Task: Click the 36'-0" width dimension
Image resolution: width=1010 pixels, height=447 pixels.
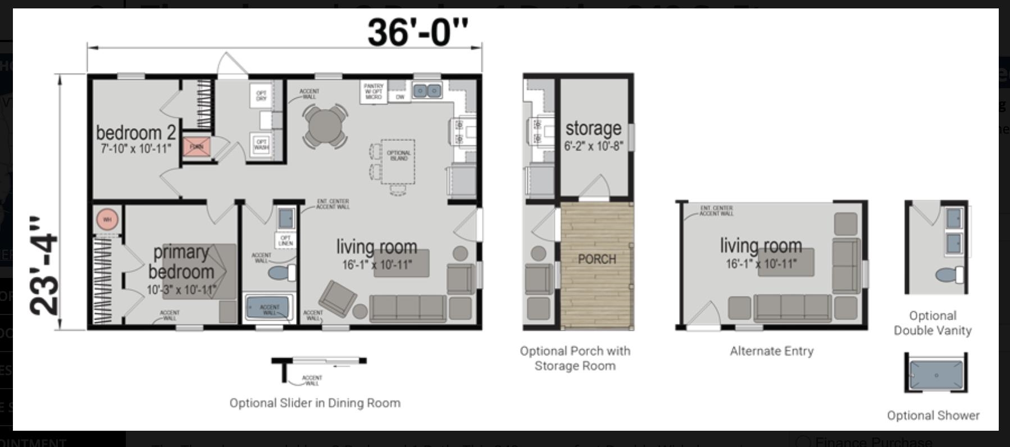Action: pos(417,32)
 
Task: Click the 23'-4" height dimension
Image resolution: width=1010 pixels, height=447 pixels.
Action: pos(44,265)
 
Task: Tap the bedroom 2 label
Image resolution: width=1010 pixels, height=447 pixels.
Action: pos(135,133)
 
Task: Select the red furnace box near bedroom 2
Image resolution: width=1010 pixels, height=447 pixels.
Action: pos(197,146)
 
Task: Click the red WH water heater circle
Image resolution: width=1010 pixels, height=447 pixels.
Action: pos(107,219)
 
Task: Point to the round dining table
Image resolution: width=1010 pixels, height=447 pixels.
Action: pos(325,126)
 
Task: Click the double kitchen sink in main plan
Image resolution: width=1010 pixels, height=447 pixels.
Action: pos(427,90)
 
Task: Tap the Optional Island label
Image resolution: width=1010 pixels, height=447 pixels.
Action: pos(398,156)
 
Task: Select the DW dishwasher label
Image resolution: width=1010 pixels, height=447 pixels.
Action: pos(400,97)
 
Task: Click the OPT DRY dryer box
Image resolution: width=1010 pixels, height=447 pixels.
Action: pos(261,95)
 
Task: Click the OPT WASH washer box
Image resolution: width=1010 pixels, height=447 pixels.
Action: pos(261,144)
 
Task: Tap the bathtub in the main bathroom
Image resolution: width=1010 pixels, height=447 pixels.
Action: pos(269,308)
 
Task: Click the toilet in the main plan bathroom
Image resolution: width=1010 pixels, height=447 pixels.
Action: pos(283,273)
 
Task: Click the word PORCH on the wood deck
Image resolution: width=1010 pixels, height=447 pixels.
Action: pos(597,259)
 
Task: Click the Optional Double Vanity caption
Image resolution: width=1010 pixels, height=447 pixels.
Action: pos(932,323)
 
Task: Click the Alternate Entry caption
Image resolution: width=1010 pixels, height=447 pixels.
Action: pos(771,351)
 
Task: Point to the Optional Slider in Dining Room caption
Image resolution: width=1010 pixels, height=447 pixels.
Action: pos(315,403)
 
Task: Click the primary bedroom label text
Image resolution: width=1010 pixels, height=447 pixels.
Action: pos(181,262)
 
